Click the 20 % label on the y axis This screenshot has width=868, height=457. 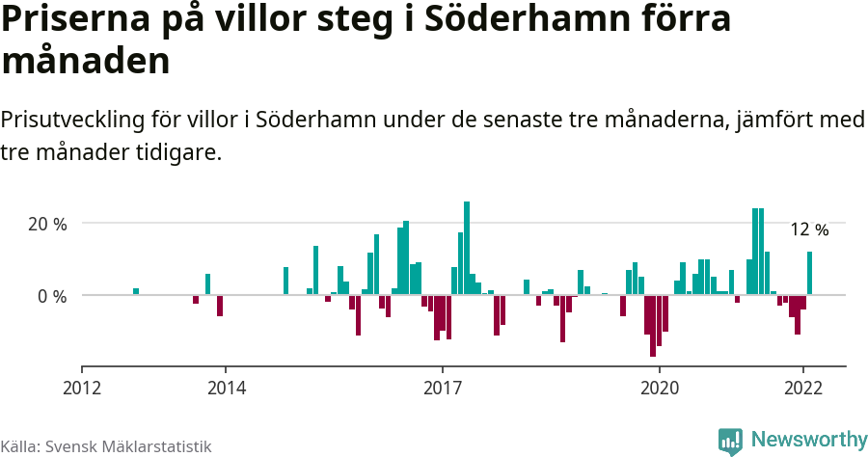pyautogui.click(x=47, y=224)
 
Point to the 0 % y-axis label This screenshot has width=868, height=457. pyautogui.click(x=52, y=296)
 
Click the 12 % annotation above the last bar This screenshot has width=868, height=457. pyautogui.click(x=809, y=229)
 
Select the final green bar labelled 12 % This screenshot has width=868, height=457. pyautogui.click(x=810, y=273)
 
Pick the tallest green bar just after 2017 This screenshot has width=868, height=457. pyautogui.click(x=467, y=248)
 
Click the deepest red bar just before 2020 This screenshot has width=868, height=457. pyautogui.click(x=653, y=326)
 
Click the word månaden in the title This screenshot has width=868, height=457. pyautogui.click(x=86, y=62)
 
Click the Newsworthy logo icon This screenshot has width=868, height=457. pyautogui.click(x=730, y=441)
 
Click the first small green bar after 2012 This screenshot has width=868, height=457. pyautogui.click(x=136, y=291)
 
